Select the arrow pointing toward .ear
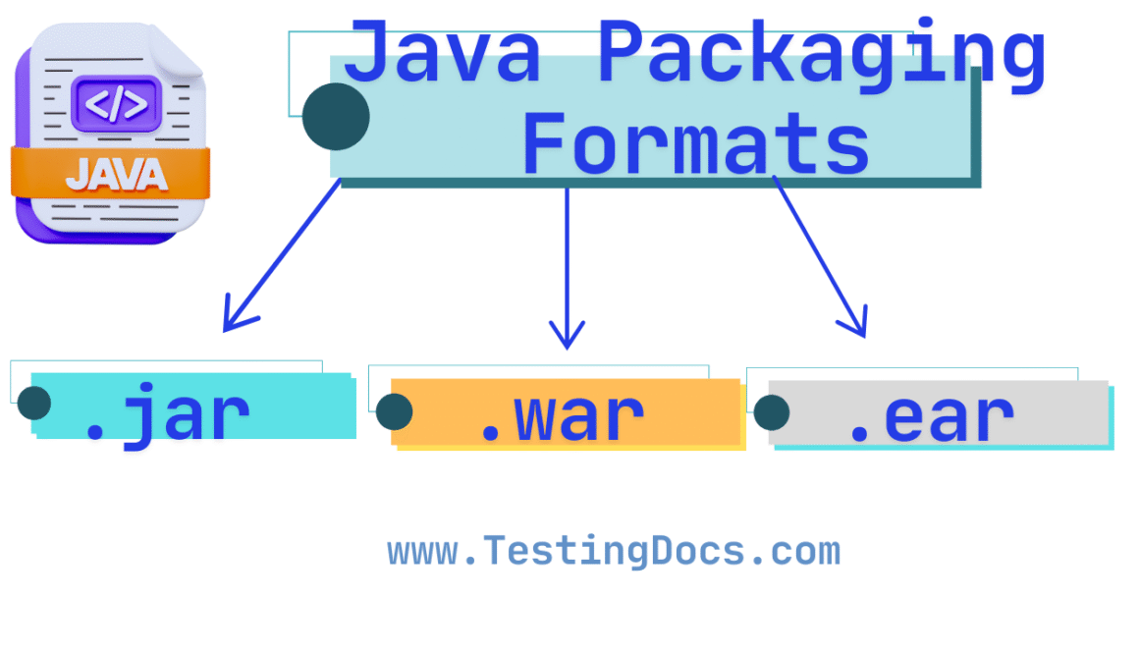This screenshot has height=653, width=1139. [x=820, y=257]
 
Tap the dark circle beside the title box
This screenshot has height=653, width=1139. [x=336, y=117]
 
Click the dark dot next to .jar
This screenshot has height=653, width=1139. [x=34, y=403]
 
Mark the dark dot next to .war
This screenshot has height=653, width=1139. [x=394, y=412]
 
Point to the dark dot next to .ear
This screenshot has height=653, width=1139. [x=772, y=412]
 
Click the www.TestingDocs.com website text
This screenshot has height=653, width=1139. [x=614, y=552]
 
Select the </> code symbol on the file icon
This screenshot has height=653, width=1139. [x=115, y=103]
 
